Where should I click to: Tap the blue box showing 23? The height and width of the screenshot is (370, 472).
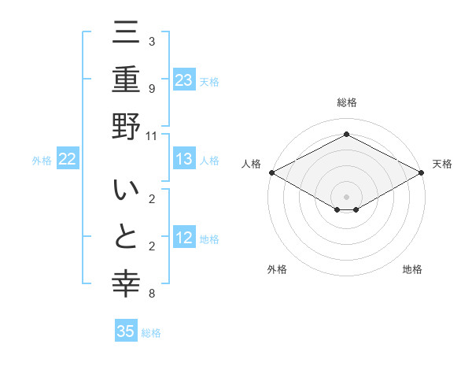point(184,80)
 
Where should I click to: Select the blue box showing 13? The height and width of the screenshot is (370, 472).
point(184,160)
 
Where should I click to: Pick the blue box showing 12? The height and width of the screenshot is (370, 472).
point(184,239)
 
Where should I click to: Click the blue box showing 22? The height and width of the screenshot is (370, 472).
point(68,160)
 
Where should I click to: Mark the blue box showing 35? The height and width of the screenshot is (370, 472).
point(126,331)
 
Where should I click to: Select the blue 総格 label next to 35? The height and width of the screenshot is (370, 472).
point(151,333)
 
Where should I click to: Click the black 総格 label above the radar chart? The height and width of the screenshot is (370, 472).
point(346,102)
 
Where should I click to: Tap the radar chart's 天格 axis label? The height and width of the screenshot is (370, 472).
point(442,164)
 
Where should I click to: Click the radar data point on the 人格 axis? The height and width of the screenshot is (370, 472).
point(271,172)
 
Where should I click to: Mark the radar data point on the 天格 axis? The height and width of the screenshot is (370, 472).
point(422,172)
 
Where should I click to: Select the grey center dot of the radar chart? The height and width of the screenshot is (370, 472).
point(346,196)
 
